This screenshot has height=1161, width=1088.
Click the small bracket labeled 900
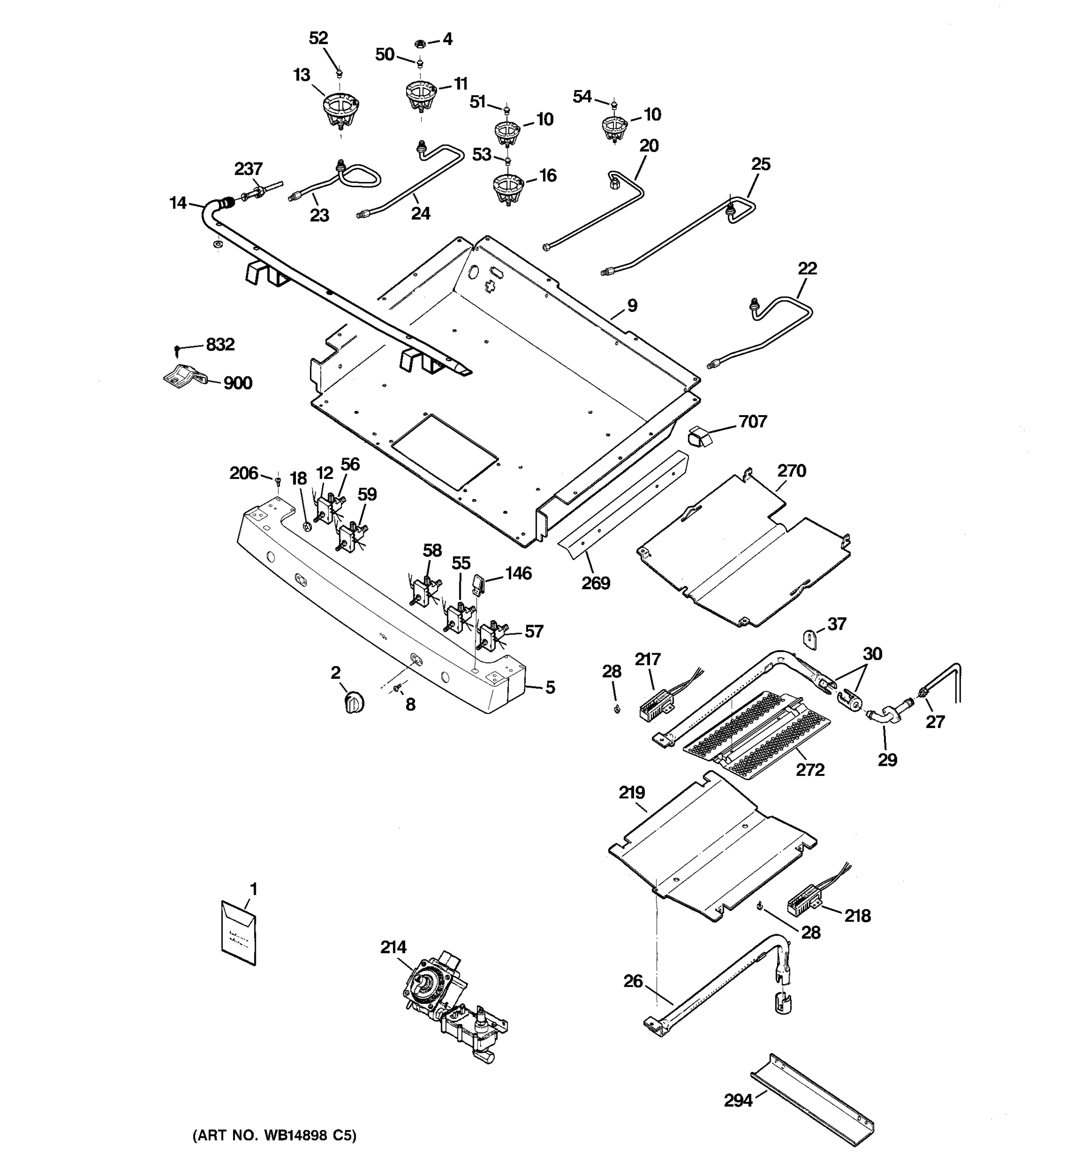pos(184,376)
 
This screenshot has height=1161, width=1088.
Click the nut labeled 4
pos(419,43)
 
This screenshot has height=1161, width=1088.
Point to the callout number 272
pos(810,770)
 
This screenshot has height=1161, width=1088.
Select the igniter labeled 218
pos(804,906)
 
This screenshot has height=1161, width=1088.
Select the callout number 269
pos(595,583)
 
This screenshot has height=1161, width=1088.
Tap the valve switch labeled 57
pos(490,637)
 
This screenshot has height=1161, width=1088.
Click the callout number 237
pos(248,169)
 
